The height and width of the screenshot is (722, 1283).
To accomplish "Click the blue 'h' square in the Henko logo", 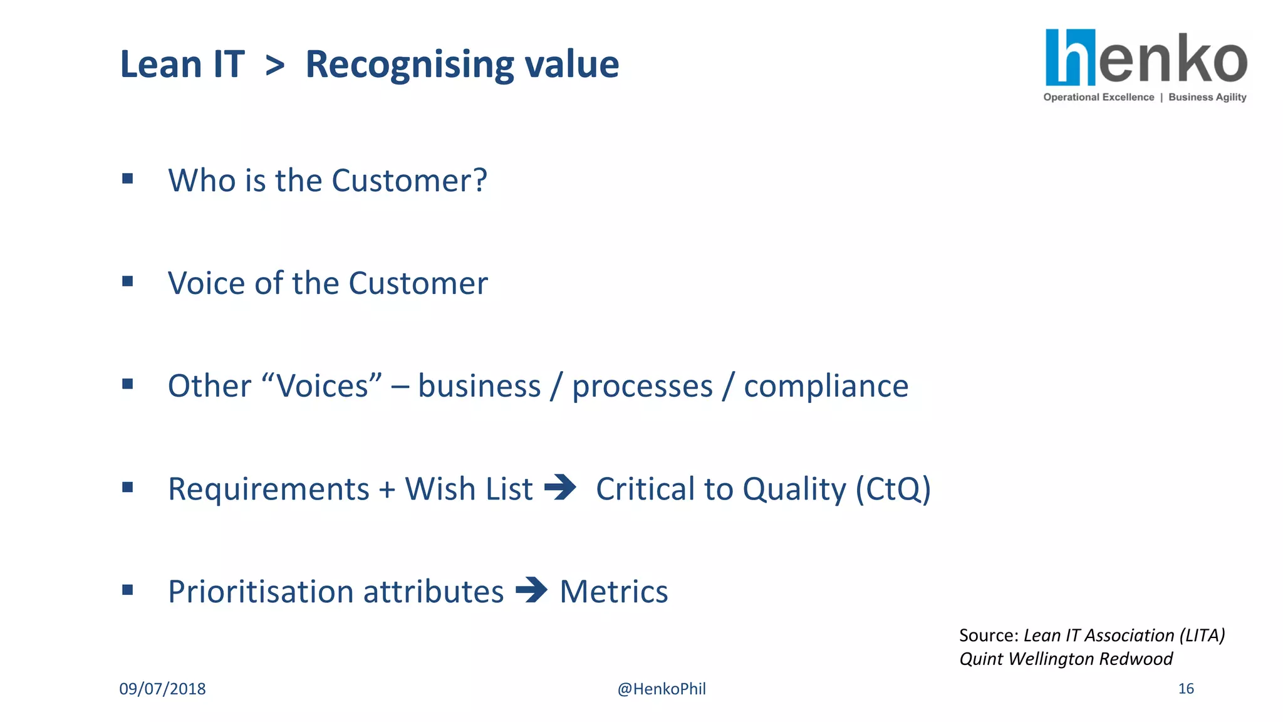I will (x=1070, y=57).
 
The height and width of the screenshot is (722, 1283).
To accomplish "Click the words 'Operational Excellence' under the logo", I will (x=1098, y=97).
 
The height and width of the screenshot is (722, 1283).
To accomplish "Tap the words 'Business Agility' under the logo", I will (x=1207, y=97).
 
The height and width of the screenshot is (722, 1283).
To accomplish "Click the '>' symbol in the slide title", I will (x=275, y=65).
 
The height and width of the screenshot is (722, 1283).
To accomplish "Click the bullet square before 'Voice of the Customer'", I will (x=128, y=281).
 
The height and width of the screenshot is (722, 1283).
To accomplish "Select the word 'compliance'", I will (x=826, y=386).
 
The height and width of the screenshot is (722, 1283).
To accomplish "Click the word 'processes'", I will (x=642, y=386).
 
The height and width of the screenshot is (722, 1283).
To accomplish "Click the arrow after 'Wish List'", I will (x=560, y=487).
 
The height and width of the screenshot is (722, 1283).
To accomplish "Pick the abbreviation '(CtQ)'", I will (x=893, y=489).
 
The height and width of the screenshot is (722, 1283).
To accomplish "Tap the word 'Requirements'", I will (x=269, y=489).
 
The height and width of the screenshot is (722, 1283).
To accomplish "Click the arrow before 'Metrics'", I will (x=531, y=590).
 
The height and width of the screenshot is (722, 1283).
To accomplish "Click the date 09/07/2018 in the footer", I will (x=162, y=689).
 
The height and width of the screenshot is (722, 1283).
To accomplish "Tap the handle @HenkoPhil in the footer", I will (x=662, y=689).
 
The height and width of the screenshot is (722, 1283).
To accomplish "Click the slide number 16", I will (x=1186, y=689).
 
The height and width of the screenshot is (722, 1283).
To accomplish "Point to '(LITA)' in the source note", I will (x=1202, y=636).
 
